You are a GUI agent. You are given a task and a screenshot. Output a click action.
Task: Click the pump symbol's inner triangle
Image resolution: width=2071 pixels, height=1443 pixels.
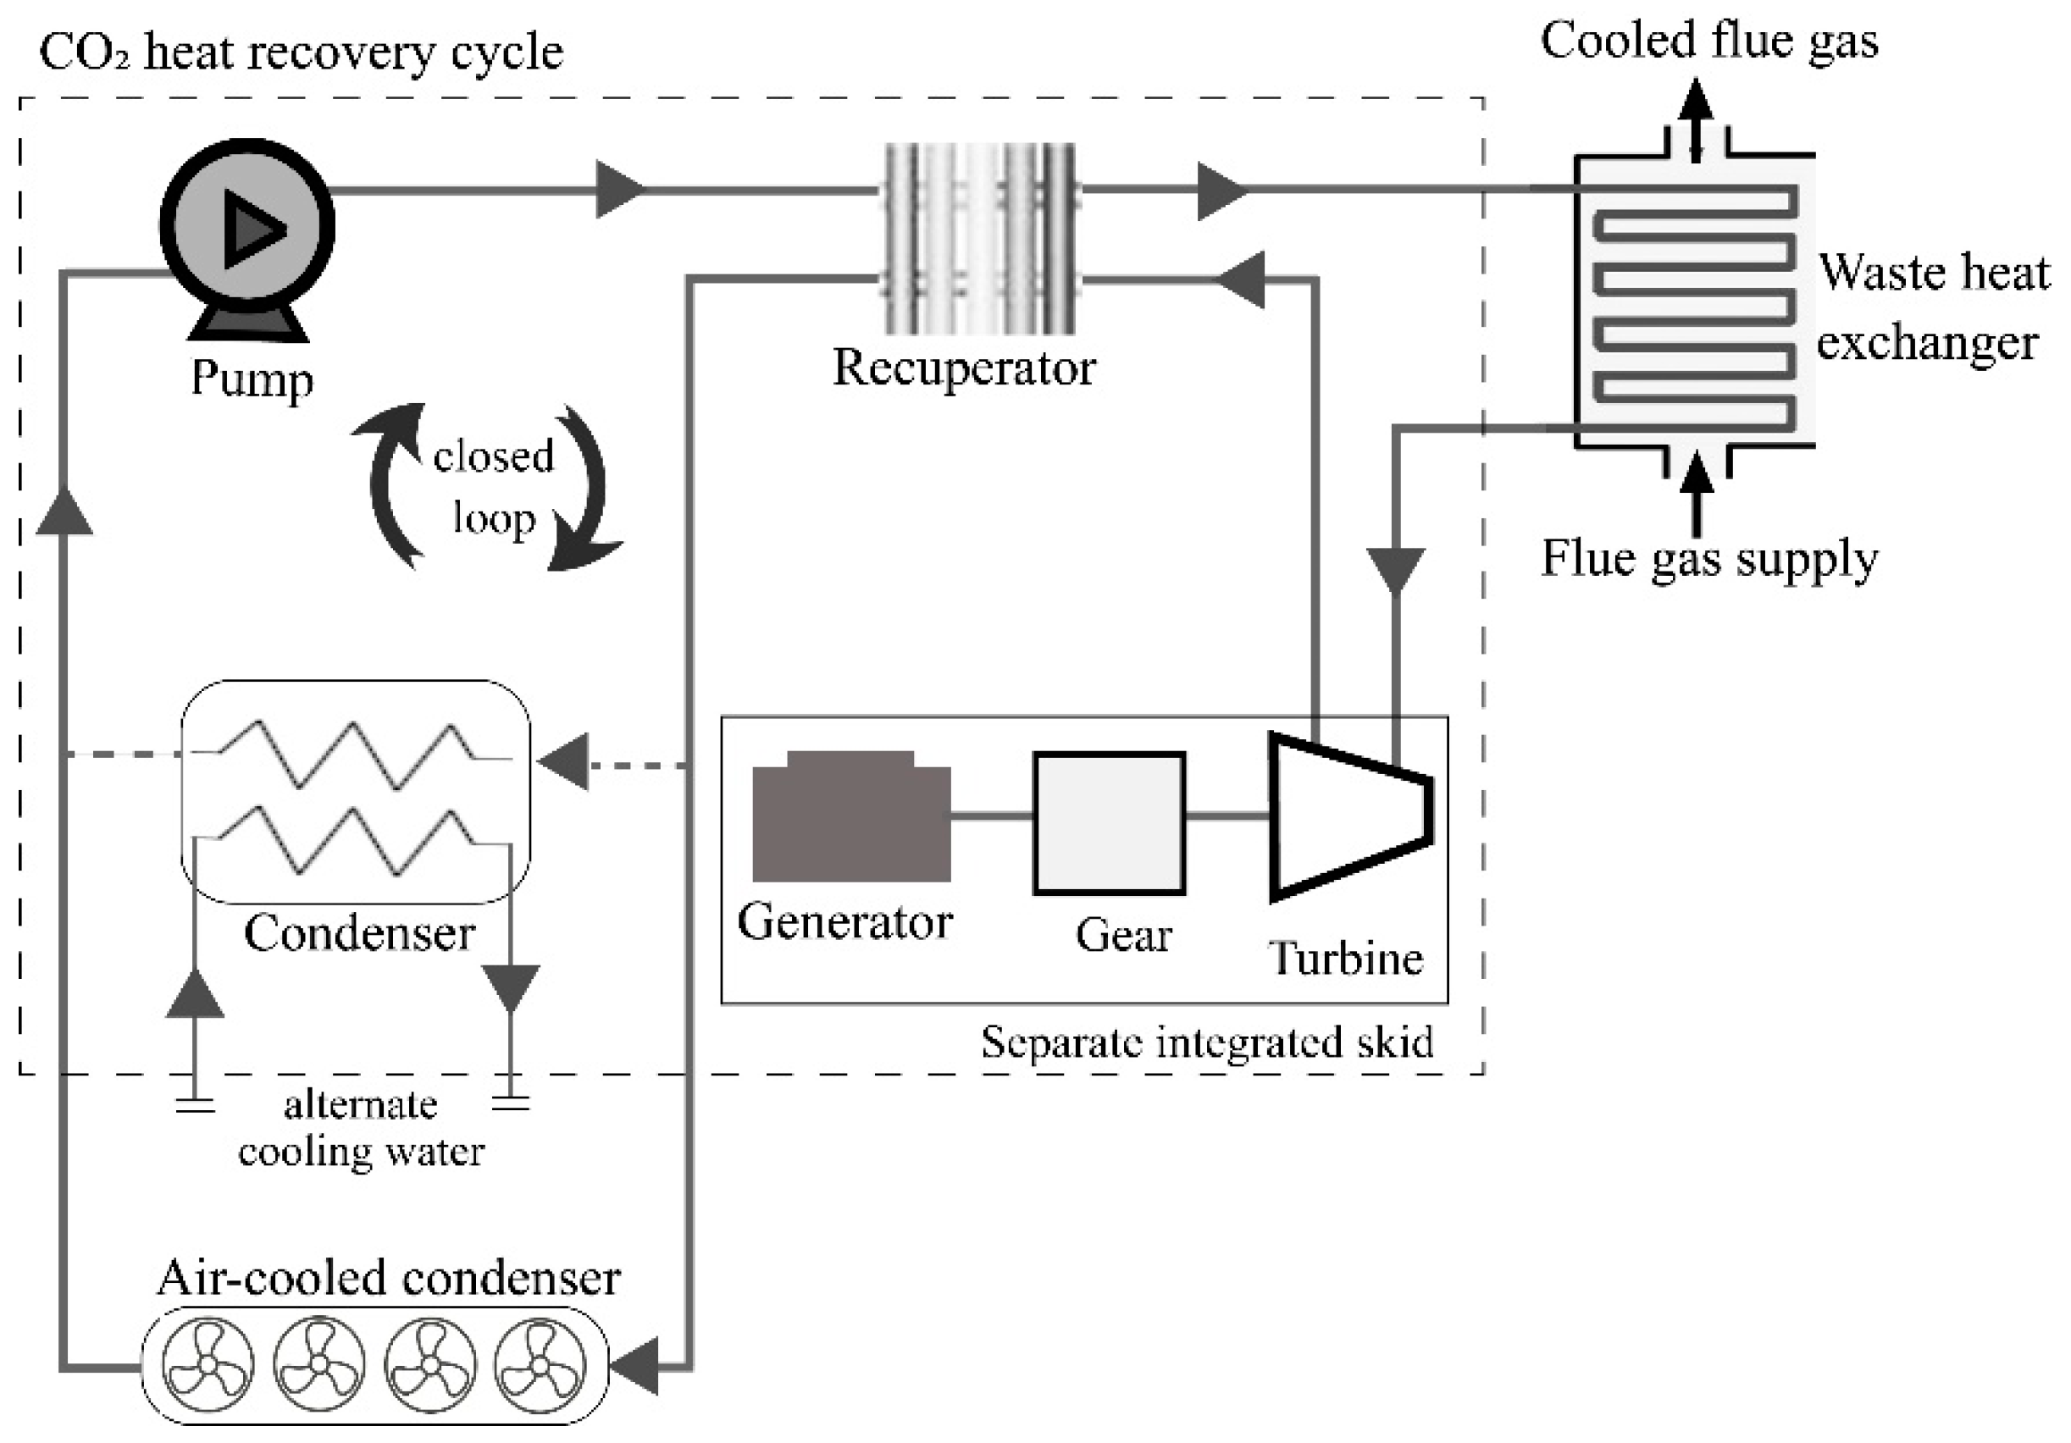[x=252, y=229]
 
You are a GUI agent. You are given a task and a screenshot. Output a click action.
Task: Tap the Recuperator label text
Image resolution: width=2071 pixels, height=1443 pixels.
[x=962, y=368]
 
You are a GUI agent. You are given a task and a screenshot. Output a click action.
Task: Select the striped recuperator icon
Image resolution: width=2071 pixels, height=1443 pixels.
[x=979, y=238]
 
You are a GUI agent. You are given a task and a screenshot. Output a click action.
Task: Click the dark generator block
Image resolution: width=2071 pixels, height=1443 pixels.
[x=850, y=817]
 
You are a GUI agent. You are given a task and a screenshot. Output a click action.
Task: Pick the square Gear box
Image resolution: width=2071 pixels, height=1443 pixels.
[x=1109, y=821]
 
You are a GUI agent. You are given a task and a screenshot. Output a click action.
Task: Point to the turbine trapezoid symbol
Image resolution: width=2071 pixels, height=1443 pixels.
[x=1344, y=817]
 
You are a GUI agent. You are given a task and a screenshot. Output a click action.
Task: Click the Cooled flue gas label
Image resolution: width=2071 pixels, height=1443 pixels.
[x=1708, y=41]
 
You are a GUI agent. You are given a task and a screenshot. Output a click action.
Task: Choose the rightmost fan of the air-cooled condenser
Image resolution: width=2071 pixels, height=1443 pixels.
[x=540, y=1364]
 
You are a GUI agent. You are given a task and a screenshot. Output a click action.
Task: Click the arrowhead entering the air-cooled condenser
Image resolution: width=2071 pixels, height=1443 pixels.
[x=636, y=1368]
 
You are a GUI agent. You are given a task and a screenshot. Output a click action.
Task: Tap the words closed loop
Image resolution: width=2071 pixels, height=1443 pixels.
[x=492, y=487]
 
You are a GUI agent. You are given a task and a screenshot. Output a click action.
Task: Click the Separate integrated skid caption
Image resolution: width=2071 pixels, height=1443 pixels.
[x=1206, y=1042]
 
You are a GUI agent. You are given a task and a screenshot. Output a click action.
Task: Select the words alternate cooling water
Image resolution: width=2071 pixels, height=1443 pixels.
[x=361, y=1128]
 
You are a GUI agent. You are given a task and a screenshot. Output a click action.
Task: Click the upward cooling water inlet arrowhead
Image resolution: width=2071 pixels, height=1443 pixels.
[x=195, y=997]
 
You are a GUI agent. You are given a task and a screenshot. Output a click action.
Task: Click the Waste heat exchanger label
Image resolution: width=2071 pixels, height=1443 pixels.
[x=1930, y=307]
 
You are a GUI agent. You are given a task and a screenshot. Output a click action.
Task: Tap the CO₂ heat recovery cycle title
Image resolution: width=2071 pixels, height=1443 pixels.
[x=302, y=53]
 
